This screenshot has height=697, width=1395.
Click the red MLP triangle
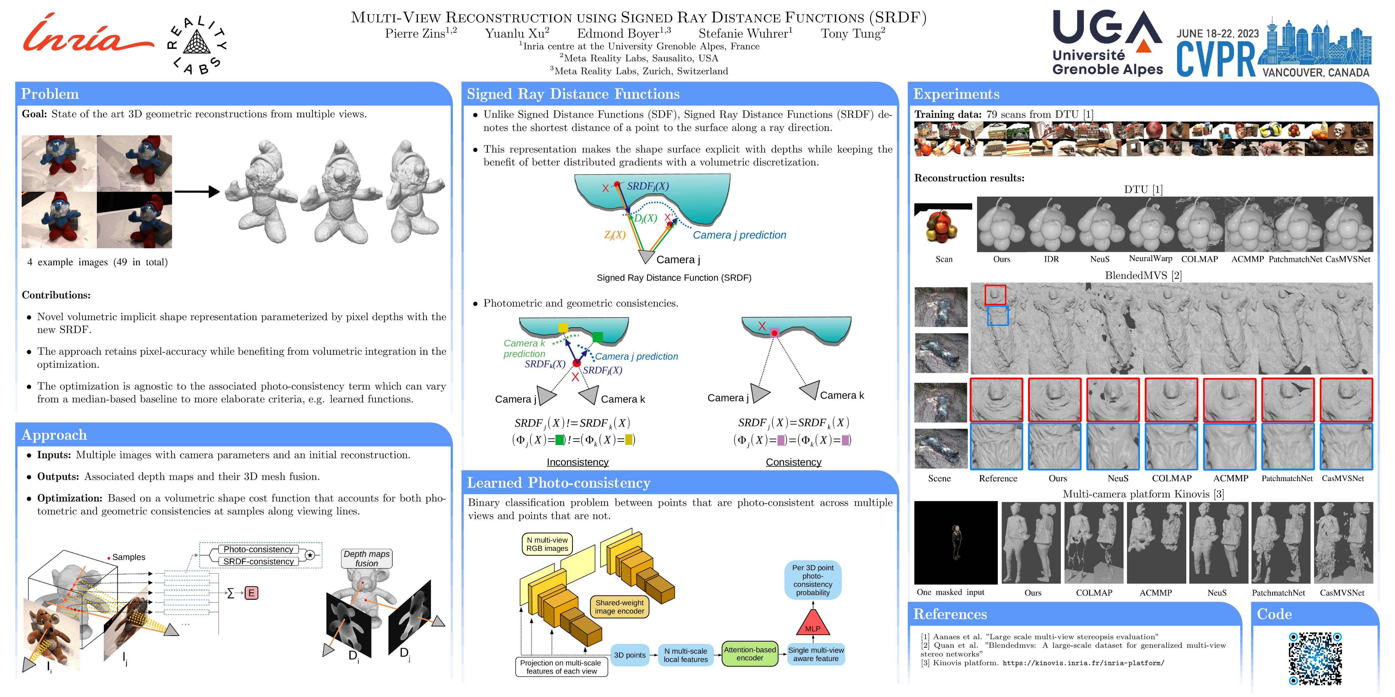point(813,623)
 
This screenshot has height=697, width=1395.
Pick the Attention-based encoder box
point(750,654)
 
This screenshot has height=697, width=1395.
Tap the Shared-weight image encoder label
point(620,607)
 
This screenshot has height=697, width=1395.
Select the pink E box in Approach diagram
point(251,593)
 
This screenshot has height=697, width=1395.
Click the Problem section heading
point(50,94)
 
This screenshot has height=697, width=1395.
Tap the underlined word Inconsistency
point(577,462)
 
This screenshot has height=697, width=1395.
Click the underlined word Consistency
point(793,462)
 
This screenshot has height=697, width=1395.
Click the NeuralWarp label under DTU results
point(1150,259)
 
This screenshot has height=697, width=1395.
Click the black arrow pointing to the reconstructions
point(196,192)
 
